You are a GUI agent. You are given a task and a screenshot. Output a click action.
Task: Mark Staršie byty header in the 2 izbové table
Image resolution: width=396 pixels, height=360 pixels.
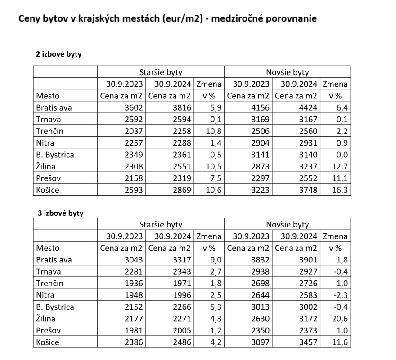pos(161,72)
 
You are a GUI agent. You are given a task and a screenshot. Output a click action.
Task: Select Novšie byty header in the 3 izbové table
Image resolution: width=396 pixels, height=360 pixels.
pos(287,224)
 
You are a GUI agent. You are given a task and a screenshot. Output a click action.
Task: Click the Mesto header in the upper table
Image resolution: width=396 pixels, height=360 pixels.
pos(48,95)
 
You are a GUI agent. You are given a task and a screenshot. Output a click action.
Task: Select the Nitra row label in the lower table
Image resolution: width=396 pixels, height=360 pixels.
pos(45,295)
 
